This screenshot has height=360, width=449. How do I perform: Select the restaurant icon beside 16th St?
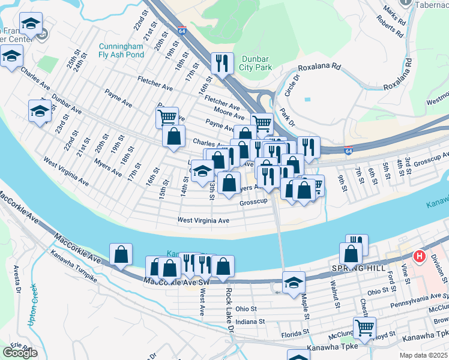coord(222,62)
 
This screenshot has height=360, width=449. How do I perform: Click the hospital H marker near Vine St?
coord(420,257)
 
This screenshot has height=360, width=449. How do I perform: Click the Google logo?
coord(20,353)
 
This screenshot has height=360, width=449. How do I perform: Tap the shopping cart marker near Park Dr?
coord(262,124)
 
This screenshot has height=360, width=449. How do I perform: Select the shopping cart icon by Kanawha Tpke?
coord(364,328)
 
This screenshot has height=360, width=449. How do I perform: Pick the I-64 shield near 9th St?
coord(348,149)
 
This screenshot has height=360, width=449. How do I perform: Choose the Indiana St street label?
coord(250,322)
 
